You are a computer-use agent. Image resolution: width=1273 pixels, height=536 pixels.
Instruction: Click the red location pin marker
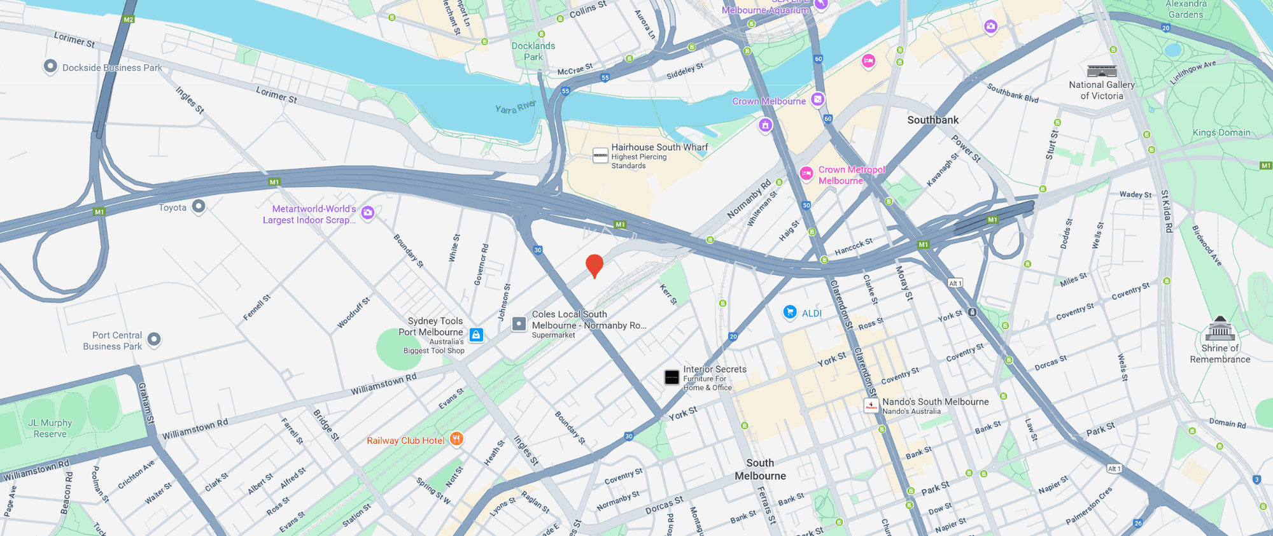594,264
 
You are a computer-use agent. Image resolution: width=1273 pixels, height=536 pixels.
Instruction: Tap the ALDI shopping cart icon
790,312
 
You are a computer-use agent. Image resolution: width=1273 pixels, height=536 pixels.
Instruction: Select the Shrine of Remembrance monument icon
1220,329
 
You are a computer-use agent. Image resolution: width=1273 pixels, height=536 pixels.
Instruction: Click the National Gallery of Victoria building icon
1102,71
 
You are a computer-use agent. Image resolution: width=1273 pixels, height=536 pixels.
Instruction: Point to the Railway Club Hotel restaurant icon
456,439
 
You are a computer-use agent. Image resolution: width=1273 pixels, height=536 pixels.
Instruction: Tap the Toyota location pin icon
199,206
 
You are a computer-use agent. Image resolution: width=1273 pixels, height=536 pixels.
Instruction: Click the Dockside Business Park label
112,67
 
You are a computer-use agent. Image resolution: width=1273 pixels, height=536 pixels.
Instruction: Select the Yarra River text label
516,107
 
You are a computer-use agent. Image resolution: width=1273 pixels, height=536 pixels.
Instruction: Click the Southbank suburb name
932,120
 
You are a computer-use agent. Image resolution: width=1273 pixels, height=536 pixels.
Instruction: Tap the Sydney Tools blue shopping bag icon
476,335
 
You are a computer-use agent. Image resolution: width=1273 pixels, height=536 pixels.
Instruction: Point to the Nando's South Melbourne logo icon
871,406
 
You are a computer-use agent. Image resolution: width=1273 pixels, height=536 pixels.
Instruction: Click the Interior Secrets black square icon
672,377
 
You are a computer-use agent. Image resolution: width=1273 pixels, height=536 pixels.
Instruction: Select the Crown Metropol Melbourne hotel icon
806,174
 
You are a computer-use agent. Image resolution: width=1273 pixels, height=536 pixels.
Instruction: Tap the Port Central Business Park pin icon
154,339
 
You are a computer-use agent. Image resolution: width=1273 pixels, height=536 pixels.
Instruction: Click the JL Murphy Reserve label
50,428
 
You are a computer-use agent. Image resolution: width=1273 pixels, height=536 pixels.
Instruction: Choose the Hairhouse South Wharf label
659,147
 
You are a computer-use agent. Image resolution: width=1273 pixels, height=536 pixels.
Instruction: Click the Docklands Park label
533,51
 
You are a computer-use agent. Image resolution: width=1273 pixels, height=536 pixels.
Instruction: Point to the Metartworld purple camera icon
367,213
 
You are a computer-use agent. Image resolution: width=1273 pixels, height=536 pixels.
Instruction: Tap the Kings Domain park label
1221,132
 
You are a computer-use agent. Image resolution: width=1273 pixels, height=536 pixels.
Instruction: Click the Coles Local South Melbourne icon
519,324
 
